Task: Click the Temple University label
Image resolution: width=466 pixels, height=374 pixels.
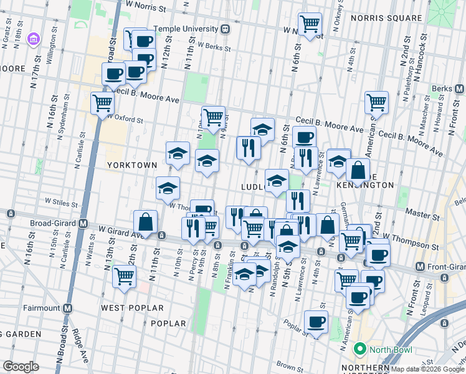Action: click(186, 29)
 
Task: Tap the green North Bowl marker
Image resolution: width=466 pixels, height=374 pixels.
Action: click(359, 349)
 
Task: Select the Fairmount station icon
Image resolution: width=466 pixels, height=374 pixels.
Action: click(67, 308)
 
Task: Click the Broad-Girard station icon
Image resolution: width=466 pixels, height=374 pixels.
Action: click(83, 223)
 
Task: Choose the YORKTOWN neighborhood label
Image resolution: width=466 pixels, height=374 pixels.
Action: click(131, 165)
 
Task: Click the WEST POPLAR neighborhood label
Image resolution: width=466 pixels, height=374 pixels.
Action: click(132, 308)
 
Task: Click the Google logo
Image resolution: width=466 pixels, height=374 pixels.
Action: click(21, 367)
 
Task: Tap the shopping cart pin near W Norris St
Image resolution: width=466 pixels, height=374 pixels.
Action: click(310, 24)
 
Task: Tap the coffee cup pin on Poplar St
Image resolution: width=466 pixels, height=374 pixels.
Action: click(316, 322)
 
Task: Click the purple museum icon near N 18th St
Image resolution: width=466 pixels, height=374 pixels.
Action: click(34, 40)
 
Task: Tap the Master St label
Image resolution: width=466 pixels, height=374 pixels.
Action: click(418, 213)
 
